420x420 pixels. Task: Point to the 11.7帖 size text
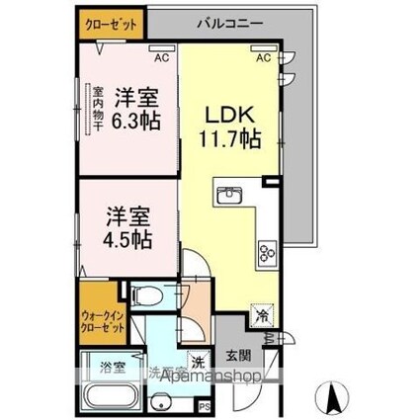(x=233, y=139)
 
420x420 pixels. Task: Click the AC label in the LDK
(x=264, y=58)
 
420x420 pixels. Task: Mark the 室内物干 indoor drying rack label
(x=98, y=112)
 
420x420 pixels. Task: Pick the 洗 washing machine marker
(x=197, y=362)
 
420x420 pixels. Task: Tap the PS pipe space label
(x=205, y=405)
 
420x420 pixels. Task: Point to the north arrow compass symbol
(x=333, y=399)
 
